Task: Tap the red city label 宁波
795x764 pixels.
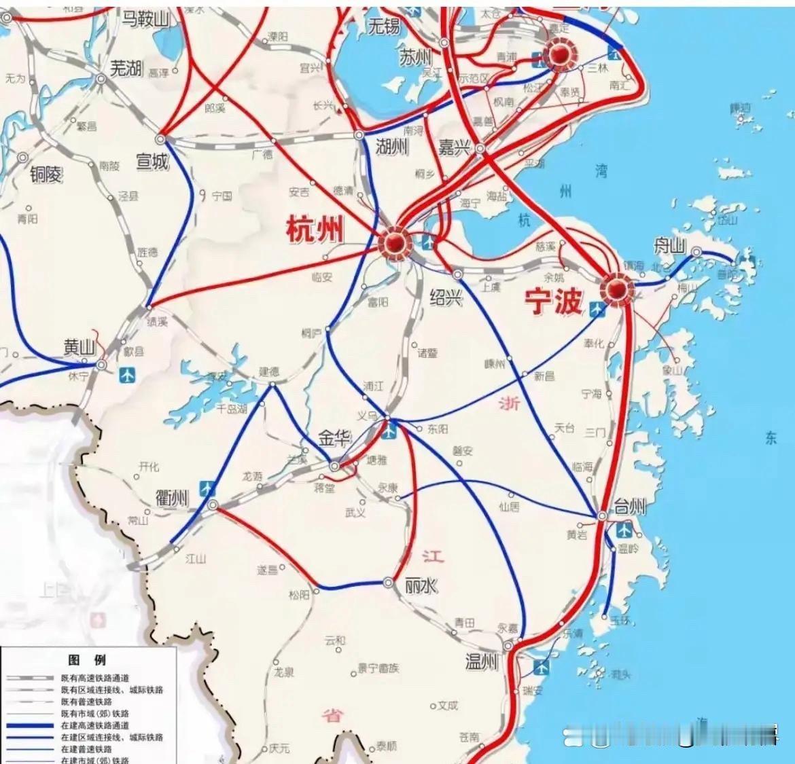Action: (x=553, y=300)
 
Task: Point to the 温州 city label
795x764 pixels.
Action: (x=482, y=661)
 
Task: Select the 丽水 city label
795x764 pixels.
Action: (x=421, y=585)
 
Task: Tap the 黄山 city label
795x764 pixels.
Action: (x=79, y=347)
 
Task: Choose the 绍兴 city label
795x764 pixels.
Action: (x=446, y=297)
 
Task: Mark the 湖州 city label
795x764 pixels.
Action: (x=391, y=146)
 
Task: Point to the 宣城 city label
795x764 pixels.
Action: (x=152, y=161)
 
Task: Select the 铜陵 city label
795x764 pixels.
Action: (x=46, y=174)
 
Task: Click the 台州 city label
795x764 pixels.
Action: (x=630, y=506)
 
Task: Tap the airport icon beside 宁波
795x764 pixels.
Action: (x=597, y=310)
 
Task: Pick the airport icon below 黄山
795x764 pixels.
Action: (x=127, y=374)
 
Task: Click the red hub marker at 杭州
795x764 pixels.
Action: (x=394, y=242)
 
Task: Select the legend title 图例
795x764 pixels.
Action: (x=87, y=660)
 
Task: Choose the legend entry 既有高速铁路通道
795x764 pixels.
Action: (x=94, y=678)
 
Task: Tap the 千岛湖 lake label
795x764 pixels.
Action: (x=232, y=408)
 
